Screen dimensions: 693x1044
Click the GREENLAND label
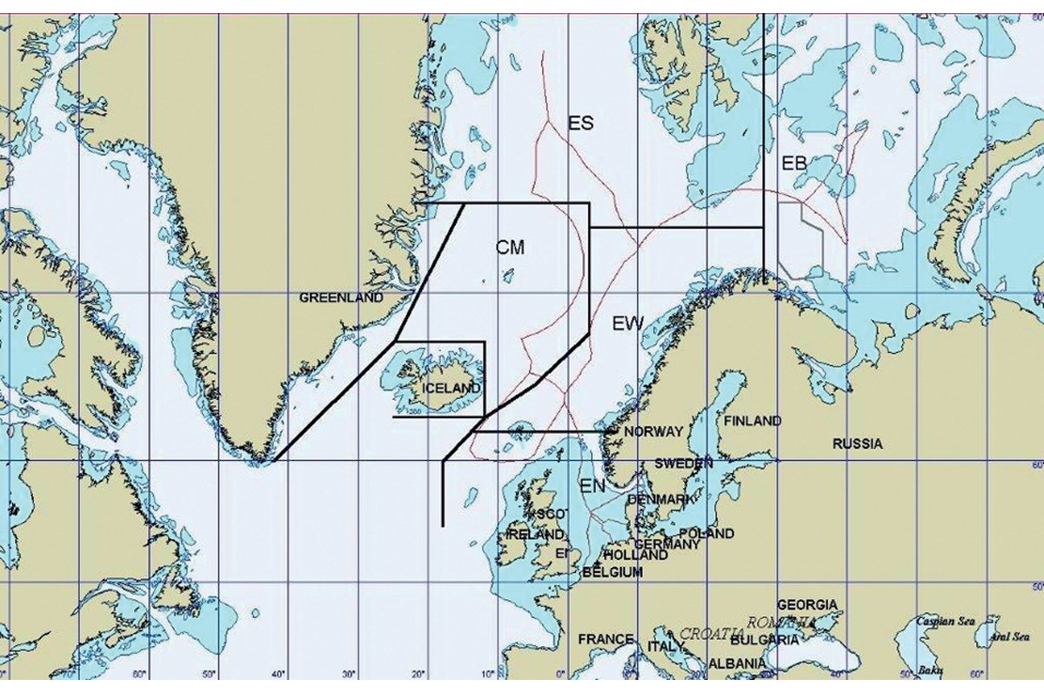[341, 297]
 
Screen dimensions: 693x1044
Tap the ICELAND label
[450, 387]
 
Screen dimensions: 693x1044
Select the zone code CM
[511, 248]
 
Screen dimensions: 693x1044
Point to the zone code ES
[581, 123]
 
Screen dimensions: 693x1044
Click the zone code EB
[794, 163]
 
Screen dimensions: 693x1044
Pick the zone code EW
[627, 324]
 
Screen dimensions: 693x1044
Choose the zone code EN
[592, 486]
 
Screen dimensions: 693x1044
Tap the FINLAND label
[753, 421]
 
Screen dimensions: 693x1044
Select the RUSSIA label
[857, 443]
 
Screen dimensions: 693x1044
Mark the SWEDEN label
[684, 463]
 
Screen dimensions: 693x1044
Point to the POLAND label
[706, 533]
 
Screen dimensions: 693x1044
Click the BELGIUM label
[612, 573]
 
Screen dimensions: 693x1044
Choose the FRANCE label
[606, 639]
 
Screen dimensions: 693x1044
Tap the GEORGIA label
[807, 604]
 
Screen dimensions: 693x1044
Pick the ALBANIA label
[732, 663]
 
